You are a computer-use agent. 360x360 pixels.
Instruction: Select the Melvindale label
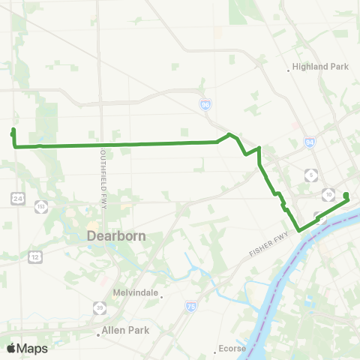pos(133,293)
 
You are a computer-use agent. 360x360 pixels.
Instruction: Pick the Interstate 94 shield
pos(310,141)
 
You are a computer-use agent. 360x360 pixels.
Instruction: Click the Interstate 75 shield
pos(191,307)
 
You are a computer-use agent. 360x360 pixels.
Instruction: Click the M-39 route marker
pos(100,307)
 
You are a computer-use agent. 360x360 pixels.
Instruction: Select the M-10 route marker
pos(328,195)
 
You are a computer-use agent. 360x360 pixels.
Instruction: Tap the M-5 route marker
pos(310,175)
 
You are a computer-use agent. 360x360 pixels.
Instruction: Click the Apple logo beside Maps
pos(11,348)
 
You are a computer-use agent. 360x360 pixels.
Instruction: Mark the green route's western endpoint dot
pos(13,132)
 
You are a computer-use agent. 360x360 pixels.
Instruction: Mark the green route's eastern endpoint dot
pos(346,196)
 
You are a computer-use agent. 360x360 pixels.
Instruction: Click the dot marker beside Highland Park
pos(289,71)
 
